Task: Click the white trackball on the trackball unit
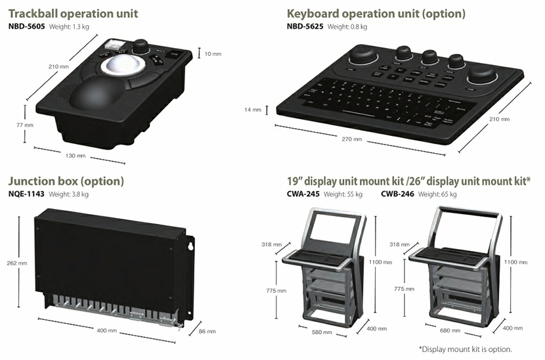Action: coord(118,66)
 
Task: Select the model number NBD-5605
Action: coord(26,27)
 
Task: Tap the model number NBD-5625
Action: coord(305,27)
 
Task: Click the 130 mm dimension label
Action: coord(76,156)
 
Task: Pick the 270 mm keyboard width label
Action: coord(352,139)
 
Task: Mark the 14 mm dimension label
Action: coord(253,109)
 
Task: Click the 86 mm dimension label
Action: coord(206,331)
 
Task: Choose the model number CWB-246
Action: coord(397,194)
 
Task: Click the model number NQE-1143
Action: coord(26,194)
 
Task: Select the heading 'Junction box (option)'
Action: coord(65,181)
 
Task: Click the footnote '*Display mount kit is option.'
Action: coord(465,349)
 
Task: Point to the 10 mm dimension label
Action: coord(211,53)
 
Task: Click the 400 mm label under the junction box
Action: coord(106,330)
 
